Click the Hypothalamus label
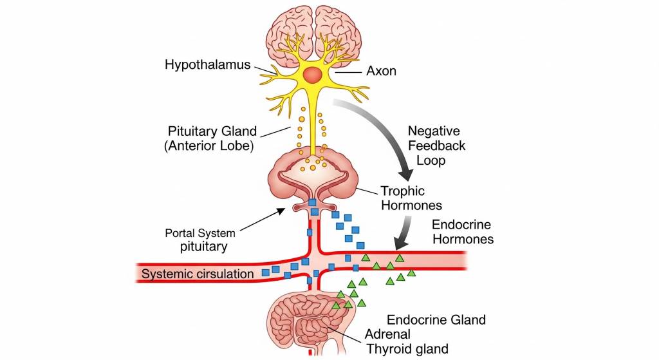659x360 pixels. (207, 64)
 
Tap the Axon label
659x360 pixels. (381, 71)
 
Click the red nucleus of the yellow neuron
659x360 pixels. (313, 75)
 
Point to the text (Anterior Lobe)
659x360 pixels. (209, 146)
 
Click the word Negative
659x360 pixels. (434, 131)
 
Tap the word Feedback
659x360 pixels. (436, 146)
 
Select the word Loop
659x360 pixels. (431, 160)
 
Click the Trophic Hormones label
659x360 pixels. (411, 198)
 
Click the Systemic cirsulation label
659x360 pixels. (198, 274)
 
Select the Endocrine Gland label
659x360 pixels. (436, 319)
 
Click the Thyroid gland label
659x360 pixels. (407, 349)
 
